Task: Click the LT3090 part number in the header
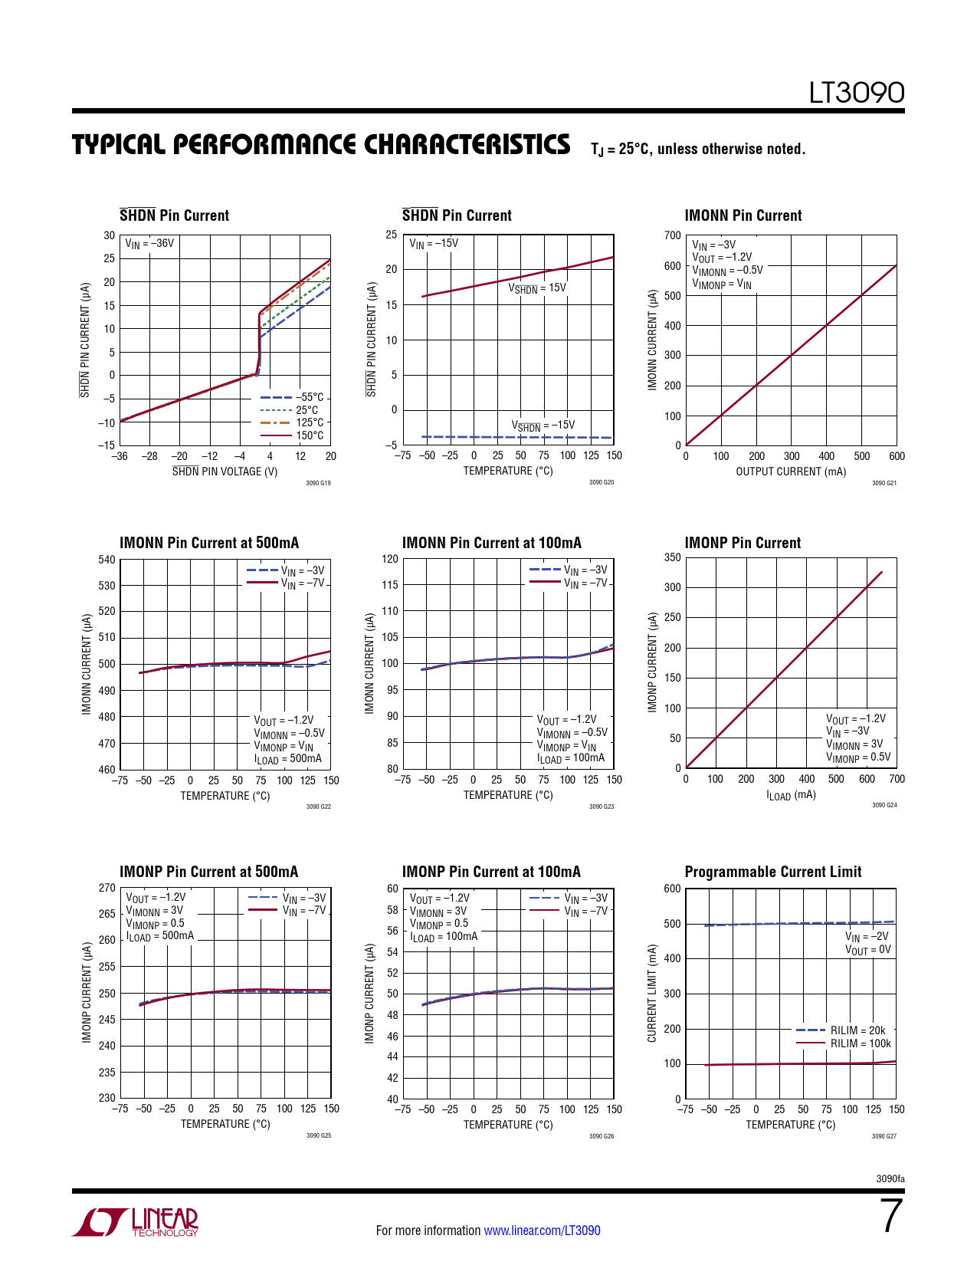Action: [857, 93]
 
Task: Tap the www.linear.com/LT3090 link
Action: [542, 1230]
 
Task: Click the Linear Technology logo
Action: [136, 1222]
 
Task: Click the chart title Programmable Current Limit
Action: [772, 872]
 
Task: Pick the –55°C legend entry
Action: [292, 397]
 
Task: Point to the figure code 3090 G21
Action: [884, 483]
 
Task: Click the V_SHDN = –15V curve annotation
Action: [543, 426]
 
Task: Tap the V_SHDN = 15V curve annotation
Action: [537, 288]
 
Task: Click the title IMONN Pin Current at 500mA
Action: [209, 543]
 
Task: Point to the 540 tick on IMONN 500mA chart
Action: [107, 560]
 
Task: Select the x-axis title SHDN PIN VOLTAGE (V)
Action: [225, 472]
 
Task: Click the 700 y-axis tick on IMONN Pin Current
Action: [672, 235]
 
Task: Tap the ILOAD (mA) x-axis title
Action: [791, 795]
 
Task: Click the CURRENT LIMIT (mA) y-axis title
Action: [652, 993]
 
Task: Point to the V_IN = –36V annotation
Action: [149, 244]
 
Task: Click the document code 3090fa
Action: [890, 1178]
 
